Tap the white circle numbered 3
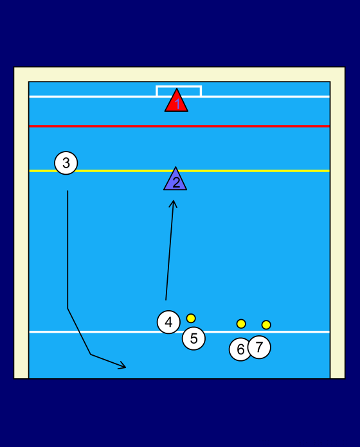(x=66, y=162)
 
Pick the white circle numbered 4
(x=168, y=322)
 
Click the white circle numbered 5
(x=194, y=338)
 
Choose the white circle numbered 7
(x=259, y=347)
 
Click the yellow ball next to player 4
(x=191, y=318)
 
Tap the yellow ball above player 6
(x=241, y=324)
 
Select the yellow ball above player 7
(x=266, y=325)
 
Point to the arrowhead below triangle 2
(x=173, y=204)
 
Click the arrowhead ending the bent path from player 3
(x=123, y=365)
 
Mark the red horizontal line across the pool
(x=179, y=126)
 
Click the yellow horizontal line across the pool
(x=179, y=171)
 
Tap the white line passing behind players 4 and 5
(x=179, y=332)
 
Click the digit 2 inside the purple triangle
(x=176, y=183)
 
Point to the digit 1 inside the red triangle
(x=177, y=104)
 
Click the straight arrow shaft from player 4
(x=170, y=250)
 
